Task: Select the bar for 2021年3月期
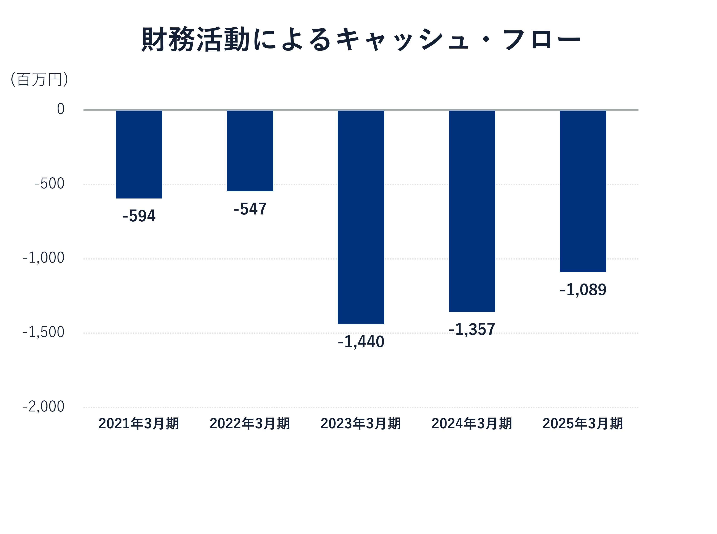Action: tap(139, 154)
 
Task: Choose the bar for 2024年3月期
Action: tap(472, 211)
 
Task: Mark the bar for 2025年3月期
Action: tap(583, 191)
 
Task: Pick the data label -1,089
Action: tap(583, 290)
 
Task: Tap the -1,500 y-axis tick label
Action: tap(43, 332)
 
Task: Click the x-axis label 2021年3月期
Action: tap(139, 424)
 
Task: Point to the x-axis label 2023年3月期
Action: tap(361, 424)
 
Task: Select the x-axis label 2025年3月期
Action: tap(583, 424)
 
